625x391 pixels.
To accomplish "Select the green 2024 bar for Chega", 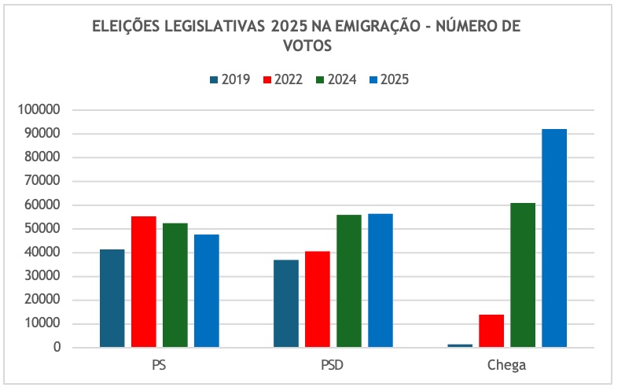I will click(523, 275).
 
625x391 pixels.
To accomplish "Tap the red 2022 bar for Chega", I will click(491, 331).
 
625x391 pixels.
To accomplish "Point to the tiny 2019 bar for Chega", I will click(460, 345).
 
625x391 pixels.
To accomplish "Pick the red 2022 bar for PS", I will click(144, 282).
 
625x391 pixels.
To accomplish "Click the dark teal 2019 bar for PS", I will click(112, 298).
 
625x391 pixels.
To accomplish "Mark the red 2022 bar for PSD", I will click(318, 299).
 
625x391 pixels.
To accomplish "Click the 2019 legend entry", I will click(230, 79).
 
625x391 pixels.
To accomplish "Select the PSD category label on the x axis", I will click(333, 366).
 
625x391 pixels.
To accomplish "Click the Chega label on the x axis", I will click(507, 366).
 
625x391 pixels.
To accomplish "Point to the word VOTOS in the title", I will click(307, 46).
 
